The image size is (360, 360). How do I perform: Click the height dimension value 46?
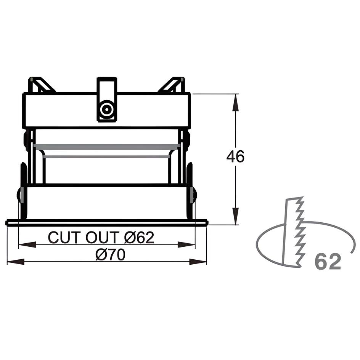(235, 157)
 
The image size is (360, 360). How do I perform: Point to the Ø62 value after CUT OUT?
(139, 238)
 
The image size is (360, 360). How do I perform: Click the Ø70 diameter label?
(110, 254)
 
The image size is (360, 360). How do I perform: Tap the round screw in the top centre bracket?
(106, 110)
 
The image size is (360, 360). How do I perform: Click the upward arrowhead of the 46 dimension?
(236, 101)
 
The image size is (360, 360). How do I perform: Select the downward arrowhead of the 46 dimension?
(236, 217)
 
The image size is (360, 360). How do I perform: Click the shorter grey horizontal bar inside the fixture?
(107, 156)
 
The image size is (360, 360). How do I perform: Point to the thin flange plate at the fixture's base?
(107, 223)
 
